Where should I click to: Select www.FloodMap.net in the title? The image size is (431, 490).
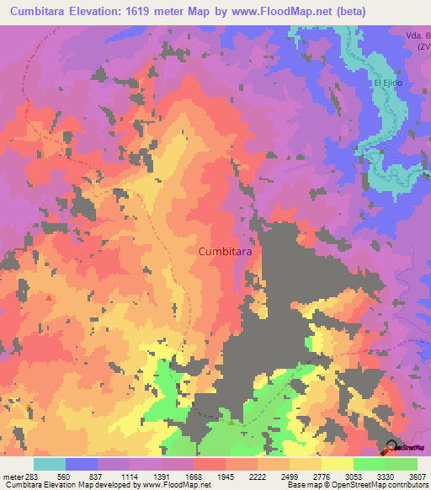coord(320,12)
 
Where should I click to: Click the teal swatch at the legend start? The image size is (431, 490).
coord(50,464)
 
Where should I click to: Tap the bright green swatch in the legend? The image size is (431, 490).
coord(369,464)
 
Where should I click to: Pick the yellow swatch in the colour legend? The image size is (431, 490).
coord(337,464)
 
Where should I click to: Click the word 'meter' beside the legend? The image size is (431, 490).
coord(13,476)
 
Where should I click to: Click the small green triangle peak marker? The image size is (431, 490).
coord(231,412)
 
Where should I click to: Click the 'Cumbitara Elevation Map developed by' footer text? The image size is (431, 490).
coord(59,484)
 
